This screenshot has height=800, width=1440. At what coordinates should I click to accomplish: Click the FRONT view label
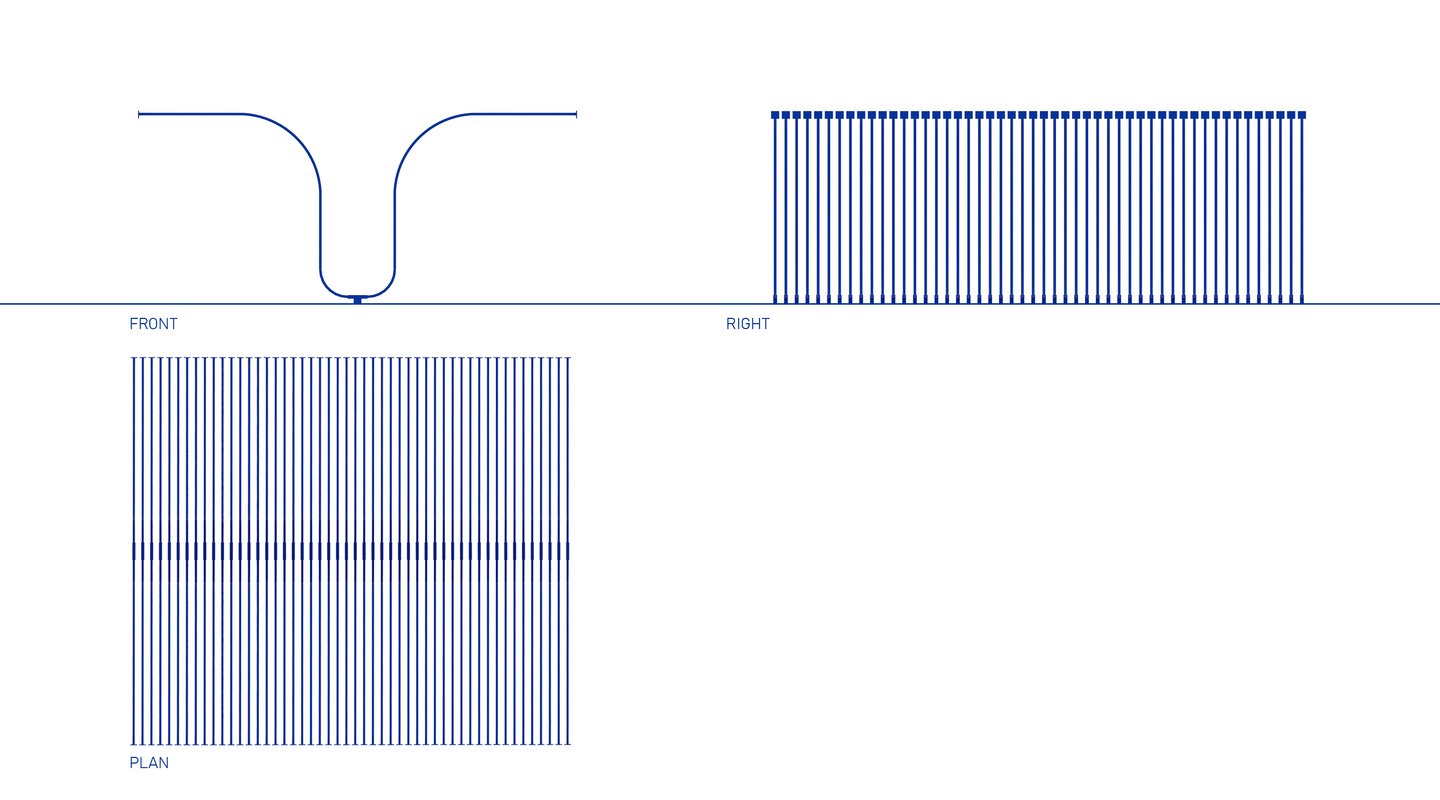point(153,324)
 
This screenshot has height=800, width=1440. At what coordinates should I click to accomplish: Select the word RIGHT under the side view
point(748,324)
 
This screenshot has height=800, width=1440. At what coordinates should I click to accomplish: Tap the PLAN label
point(149,763)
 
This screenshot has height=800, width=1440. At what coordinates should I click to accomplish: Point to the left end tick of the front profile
point(139,114)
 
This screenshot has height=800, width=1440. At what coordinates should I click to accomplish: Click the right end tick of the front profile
point(576,114)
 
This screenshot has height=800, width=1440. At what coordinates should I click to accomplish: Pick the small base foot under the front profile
point(357,300)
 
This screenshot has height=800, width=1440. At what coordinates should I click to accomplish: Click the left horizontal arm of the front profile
point(190,114)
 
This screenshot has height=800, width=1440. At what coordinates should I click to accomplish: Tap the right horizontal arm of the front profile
point(525,114)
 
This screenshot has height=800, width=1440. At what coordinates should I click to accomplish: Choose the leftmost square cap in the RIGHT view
point(775,115)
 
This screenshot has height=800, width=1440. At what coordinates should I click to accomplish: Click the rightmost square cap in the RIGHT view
point(1302,115)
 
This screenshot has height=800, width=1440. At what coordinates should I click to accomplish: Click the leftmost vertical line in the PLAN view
point(134,551)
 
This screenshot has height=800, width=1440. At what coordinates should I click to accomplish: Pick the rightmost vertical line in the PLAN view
point(568,551)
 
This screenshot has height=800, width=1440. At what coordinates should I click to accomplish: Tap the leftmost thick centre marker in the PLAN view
point(134,551)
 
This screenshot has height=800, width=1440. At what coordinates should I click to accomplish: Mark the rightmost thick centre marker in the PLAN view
point(568,551)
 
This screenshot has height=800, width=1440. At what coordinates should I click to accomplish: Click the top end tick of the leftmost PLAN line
point(134,358)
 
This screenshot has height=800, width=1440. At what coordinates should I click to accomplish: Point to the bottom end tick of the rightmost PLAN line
point(568,744)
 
